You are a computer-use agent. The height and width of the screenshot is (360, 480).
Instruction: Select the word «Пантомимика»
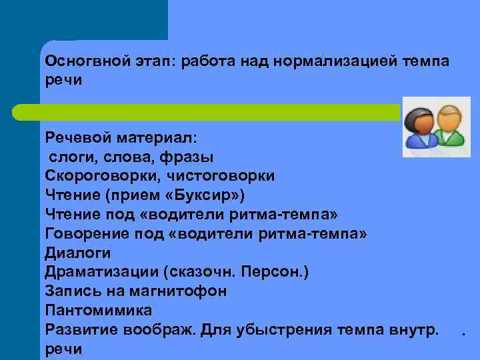pos(99,311)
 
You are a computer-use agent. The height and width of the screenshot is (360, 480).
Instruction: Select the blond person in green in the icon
pos(450,125)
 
